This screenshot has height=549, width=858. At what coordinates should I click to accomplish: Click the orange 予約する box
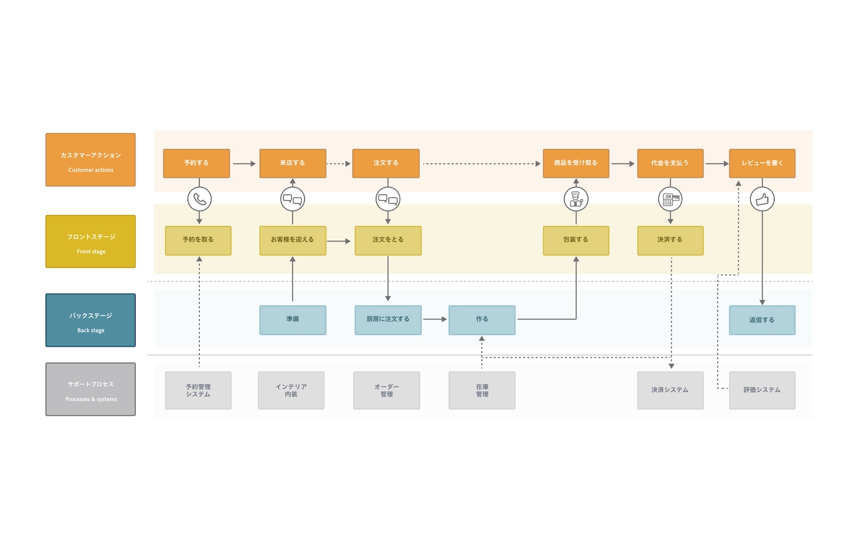tap(196, 164)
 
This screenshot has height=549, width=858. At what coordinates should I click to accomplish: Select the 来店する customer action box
tap(292, 164)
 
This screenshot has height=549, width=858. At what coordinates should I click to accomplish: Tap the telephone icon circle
tap(200, 199)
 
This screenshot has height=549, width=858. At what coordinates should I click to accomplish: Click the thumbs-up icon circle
tap(762, 199)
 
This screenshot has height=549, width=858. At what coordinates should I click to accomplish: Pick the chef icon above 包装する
tap(576, 199)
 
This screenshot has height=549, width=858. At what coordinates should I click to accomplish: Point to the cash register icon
tap(670, 199)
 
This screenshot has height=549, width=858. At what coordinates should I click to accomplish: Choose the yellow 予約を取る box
tap(198, 240)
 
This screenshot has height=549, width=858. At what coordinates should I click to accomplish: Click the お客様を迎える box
tap(292, 240)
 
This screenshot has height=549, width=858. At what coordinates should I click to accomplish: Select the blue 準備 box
tap(292, 320)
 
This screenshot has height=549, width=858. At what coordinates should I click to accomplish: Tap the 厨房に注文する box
tap(388, 320)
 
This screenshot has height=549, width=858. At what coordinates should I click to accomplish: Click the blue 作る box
tap(482, 320)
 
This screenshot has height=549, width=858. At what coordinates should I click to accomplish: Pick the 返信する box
tap(762, 320)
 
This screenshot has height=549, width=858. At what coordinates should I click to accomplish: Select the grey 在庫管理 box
tap(482, 391)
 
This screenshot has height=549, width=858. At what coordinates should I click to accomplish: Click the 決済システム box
tap(670, 391)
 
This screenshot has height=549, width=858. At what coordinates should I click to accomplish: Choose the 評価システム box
tap(762, 391)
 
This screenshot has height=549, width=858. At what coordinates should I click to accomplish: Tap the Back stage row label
tap(90, 320)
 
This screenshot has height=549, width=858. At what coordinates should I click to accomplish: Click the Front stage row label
tap(90, 241)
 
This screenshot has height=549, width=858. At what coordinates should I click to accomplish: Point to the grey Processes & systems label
tap(90, 389)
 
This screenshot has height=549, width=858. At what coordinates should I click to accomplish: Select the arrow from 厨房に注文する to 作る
tap(435, 319)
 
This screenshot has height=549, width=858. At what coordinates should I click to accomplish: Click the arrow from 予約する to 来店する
tap(244, 164)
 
